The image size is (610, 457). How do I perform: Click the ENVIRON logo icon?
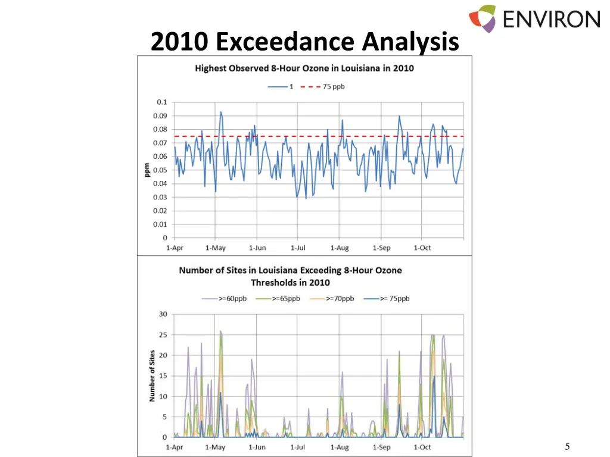(482, 18)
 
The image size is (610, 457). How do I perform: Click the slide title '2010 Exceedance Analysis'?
(304, 42)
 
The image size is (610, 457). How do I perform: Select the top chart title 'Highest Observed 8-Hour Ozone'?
(304, 68)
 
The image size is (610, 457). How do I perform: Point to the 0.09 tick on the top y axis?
(161, 116)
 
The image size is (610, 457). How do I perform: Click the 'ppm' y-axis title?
(147, 170)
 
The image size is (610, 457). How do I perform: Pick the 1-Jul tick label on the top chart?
(298, 248)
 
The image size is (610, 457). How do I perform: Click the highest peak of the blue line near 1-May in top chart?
(220, 112)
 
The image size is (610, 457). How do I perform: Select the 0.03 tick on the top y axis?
(161, 198)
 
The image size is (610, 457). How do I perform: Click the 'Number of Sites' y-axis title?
(152, 375)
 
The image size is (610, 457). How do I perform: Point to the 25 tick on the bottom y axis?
(163, 335)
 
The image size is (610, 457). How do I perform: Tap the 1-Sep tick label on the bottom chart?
(381, 447)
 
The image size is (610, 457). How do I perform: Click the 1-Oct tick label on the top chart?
(422, 248)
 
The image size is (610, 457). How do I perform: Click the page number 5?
(567, 446)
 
